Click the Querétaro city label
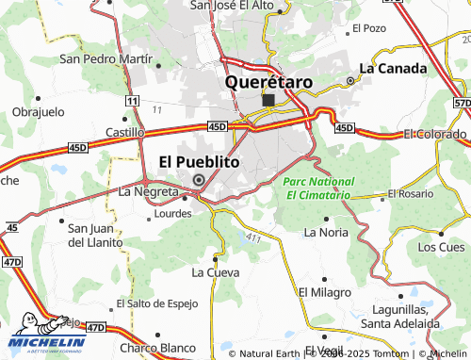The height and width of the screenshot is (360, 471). (x=268, y=82)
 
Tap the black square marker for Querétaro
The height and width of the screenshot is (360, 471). (x=269, y=100)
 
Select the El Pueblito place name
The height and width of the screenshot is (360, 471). (x=198, y=161)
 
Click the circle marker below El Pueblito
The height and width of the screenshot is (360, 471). (x=198, y=180)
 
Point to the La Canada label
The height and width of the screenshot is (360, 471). (x=394, y=68)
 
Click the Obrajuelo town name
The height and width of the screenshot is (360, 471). (x=38, y=111)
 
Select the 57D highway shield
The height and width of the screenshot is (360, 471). (x=461, y=102)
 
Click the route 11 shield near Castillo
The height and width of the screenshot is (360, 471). (x=134, y=101)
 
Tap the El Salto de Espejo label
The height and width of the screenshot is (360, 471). (x=156, y=303)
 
